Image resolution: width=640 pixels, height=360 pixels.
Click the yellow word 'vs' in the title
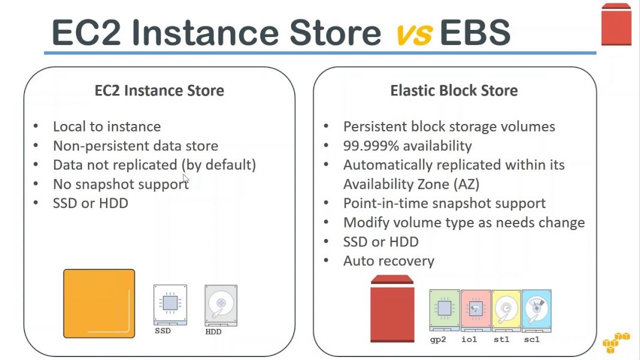413,33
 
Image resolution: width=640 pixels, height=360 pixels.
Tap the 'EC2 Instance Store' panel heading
159,91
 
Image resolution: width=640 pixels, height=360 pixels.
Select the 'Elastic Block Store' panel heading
454,91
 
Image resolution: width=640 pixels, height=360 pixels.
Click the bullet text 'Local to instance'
107,127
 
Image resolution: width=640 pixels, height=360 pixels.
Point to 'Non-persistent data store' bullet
135,146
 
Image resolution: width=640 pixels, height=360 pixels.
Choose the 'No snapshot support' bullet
120,184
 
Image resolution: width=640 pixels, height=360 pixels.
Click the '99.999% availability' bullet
407,146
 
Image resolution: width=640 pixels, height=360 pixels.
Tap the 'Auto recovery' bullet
388,261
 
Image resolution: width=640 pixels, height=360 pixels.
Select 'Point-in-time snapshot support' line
444,204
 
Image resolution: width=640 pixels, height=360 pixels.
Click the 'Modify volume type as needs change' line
463,223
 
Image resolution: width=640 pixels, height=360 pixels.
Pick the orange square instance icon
99,304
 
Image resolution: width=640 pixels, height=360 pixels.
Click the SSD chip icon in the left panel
170,304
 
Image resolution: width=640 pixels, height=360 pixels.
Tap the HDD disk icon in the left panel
221,305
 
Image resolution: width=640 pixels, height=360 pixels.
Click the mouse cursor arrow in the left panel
185,179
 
